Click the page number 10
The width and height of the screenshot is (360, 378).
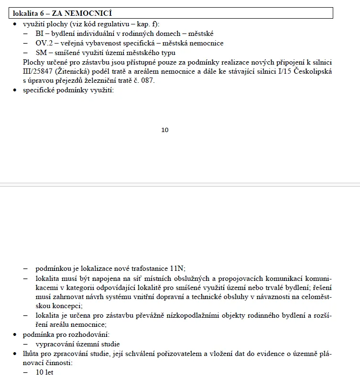165,130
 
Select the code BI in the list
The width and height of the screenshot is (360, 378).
40,33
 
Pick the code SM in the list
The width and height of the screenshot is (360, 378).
41,53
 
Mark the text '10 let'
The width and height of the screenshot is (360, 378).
44,372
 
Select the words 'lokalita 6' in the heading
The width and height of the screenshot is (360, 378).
29,13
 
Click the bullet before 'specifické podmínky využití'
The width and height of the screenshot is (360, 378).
15,90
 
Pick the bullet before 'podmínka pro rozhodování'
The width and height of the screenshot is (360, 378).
15,334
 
